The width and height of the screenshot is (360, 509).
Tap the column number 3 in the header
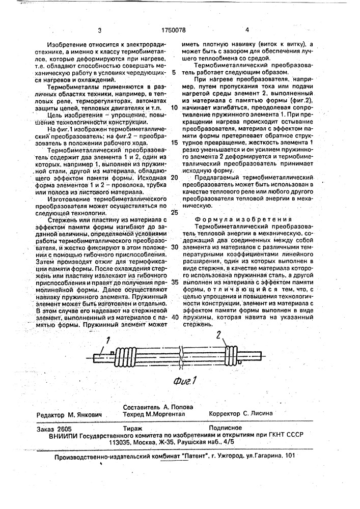(99, 31)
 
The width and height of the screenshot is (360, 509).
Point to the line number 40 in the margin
(174, 316)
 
